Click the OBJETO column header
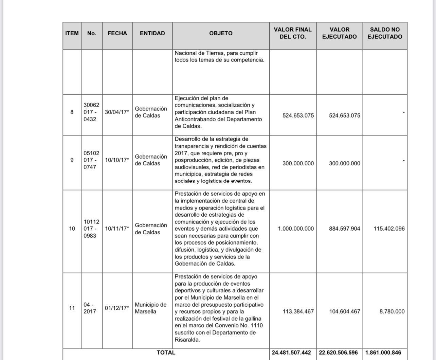click(x=221, y=33)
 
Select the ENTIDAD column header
click(x=152, y=33)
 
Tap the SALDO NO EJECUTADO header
click(x=385, y=33)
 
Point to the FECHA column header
click(x=117, y=33)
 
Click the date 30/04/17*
click(x=117, y=112)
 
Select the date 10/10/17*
click(x=117, y=160)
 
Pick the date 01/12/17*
click(x=117, y=308)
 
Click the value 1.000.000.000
click(x=296, y=229)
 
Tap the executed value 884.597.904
click(x=344, y=229)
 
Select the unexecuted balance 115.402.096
click(x=389, y=229)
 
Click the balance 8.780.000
click(x=392, y=311)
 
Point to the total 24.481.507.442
click(x=291, y=353)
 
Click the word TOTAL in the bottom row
click(x=166, y=353)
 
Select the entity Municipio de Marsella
click(x=150, y=308)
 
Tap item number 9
click(x=72, y=160)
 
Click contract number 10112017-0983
click(x=91, y=229)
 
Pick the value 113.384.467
click(x=298, y=311)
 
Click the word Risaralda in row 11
click(x=186, y=340)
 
